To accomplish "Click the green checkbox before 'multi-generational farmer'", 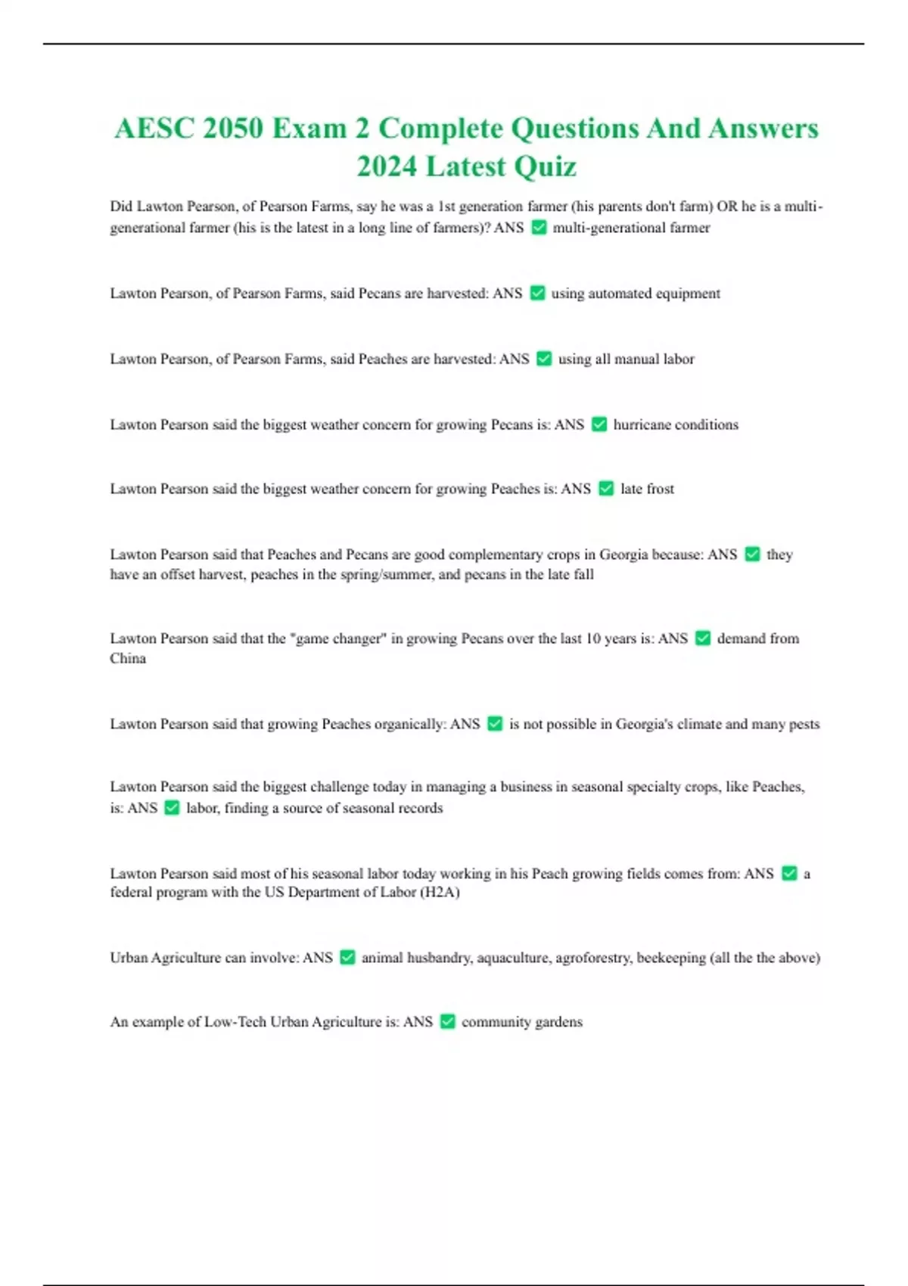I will (x=539, y=228).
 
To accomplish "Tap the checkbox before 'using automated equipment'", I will (x=537, y=294).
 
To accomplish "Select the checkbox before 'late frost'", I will (x=606, y=489).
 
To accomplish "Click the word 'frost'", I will (x=660, y=489).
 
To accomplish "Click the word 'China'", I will (x=128, y=659).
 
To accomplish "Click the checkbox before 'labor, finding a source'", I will (x=172, y=808).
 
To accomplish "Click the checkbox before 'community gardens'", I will (x=447, y=1022).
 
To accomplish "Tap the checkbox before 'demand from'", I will (x=703, y=638).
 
